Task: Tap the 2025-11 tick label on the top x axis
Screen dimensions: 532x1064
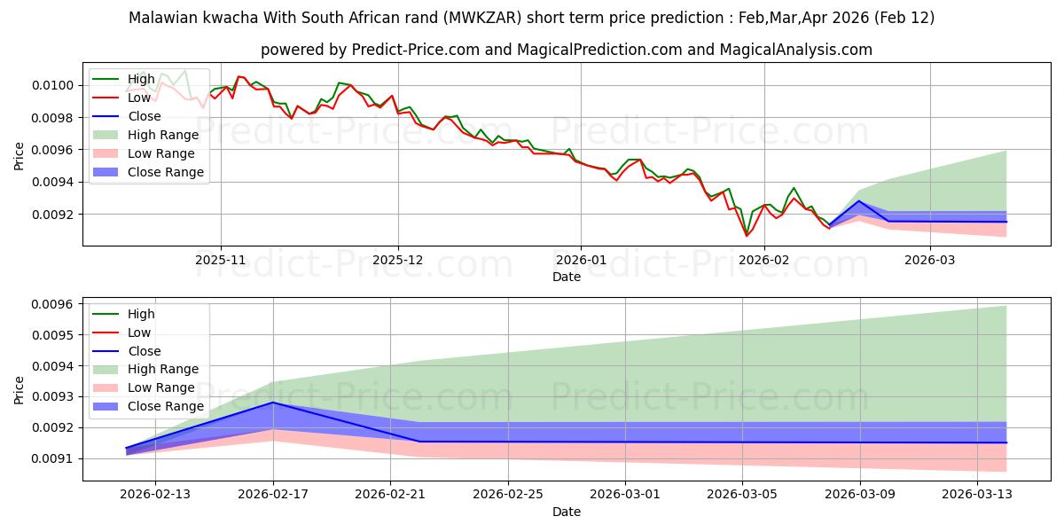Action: pyautogui.click(x=221, y=260)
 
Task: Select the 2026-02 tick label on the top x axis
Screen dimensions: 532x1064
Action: pyautogui.click(x=763, y=260)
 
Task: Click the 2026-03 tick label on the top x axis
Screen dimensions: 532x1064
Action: pyautogui.click(x=929, y=260)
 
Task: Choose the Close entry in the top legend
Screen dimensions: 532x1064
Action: pyautogui.click(x=145, y=116)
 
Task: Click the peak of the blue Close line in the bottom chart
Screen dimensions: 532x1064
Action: pyautogui.click(x=272, y=403)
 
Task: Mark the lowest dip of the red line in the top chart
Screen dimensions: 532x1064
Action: pyautogui.click(x=747, y=236)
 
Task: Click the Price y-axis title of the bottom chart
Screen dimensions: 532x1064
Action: pyautogui.click(x=20, y=389)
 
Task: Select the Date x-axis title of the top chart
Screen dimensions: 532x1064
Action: pyautogui.click(x=567, y=277)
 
